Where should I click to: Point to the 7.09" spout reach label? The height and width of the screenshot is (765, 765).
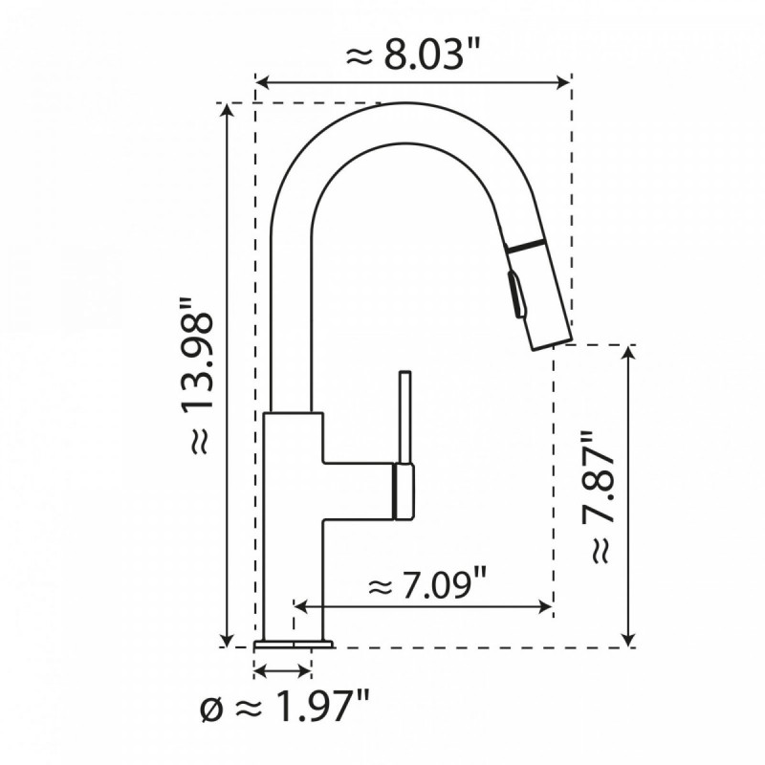(427, 582)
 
